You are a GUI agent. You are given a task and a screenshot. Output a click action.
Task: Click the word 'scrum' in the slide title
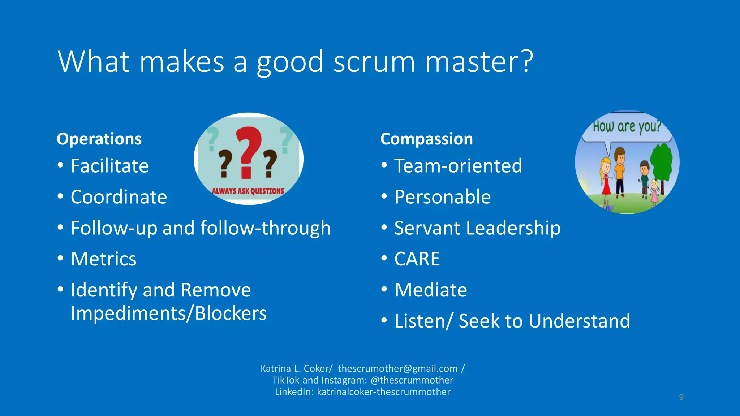(x=374, y=62)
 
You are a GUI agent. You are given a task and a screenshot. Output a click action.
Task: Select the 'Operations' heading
(x=99, y=139)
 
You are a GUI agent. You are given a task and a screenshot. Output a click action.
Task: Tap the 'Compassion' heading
(x=426, y=139)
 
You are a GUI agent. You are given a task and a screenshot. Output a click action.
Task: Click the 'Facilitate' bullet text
(x=109, y=166)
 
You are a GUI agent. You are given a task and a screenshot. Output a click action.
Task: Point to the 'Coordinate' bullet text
(x=119, y=197)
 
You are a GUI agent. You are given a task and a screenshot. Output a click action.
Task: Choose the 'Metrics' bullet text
(x=104, y=259)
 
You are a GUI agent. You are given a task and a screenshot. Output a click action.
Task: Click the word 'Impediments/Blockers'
(x=169, y=313)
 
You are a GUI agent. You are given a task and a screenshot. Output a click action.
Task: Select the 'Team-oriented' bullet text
(x=458, y=166)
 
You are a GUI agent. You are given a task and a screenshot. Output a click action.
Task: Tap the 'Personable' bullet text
(x=443, y=197)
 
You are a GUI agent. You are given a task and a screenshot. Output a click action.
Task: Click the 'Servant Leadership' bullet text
(x=477, y=228)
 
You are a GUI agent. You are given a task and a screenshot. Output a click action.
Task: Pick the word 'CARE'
(x=417, y=259)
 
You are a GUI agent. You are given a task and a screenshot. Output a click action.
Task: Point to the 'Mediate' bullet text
(x=431, y=290)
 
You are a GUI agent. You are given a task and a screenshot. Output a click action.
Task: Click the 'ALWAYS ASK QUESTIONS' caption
(x=248, y=191)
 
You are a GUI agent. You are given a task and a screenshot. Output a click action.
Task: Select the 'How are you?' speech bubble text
(x=627, y=127)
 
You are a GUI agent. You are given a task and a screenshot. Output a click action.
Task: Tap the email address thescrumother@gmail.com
(x=397, y=369)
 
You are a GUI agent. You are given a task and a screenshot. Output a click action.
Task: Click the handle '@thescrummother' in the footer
(x=412, y=380)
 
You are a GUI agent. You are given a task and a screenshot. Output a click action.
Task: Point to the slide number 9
(x=681, y=397)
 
